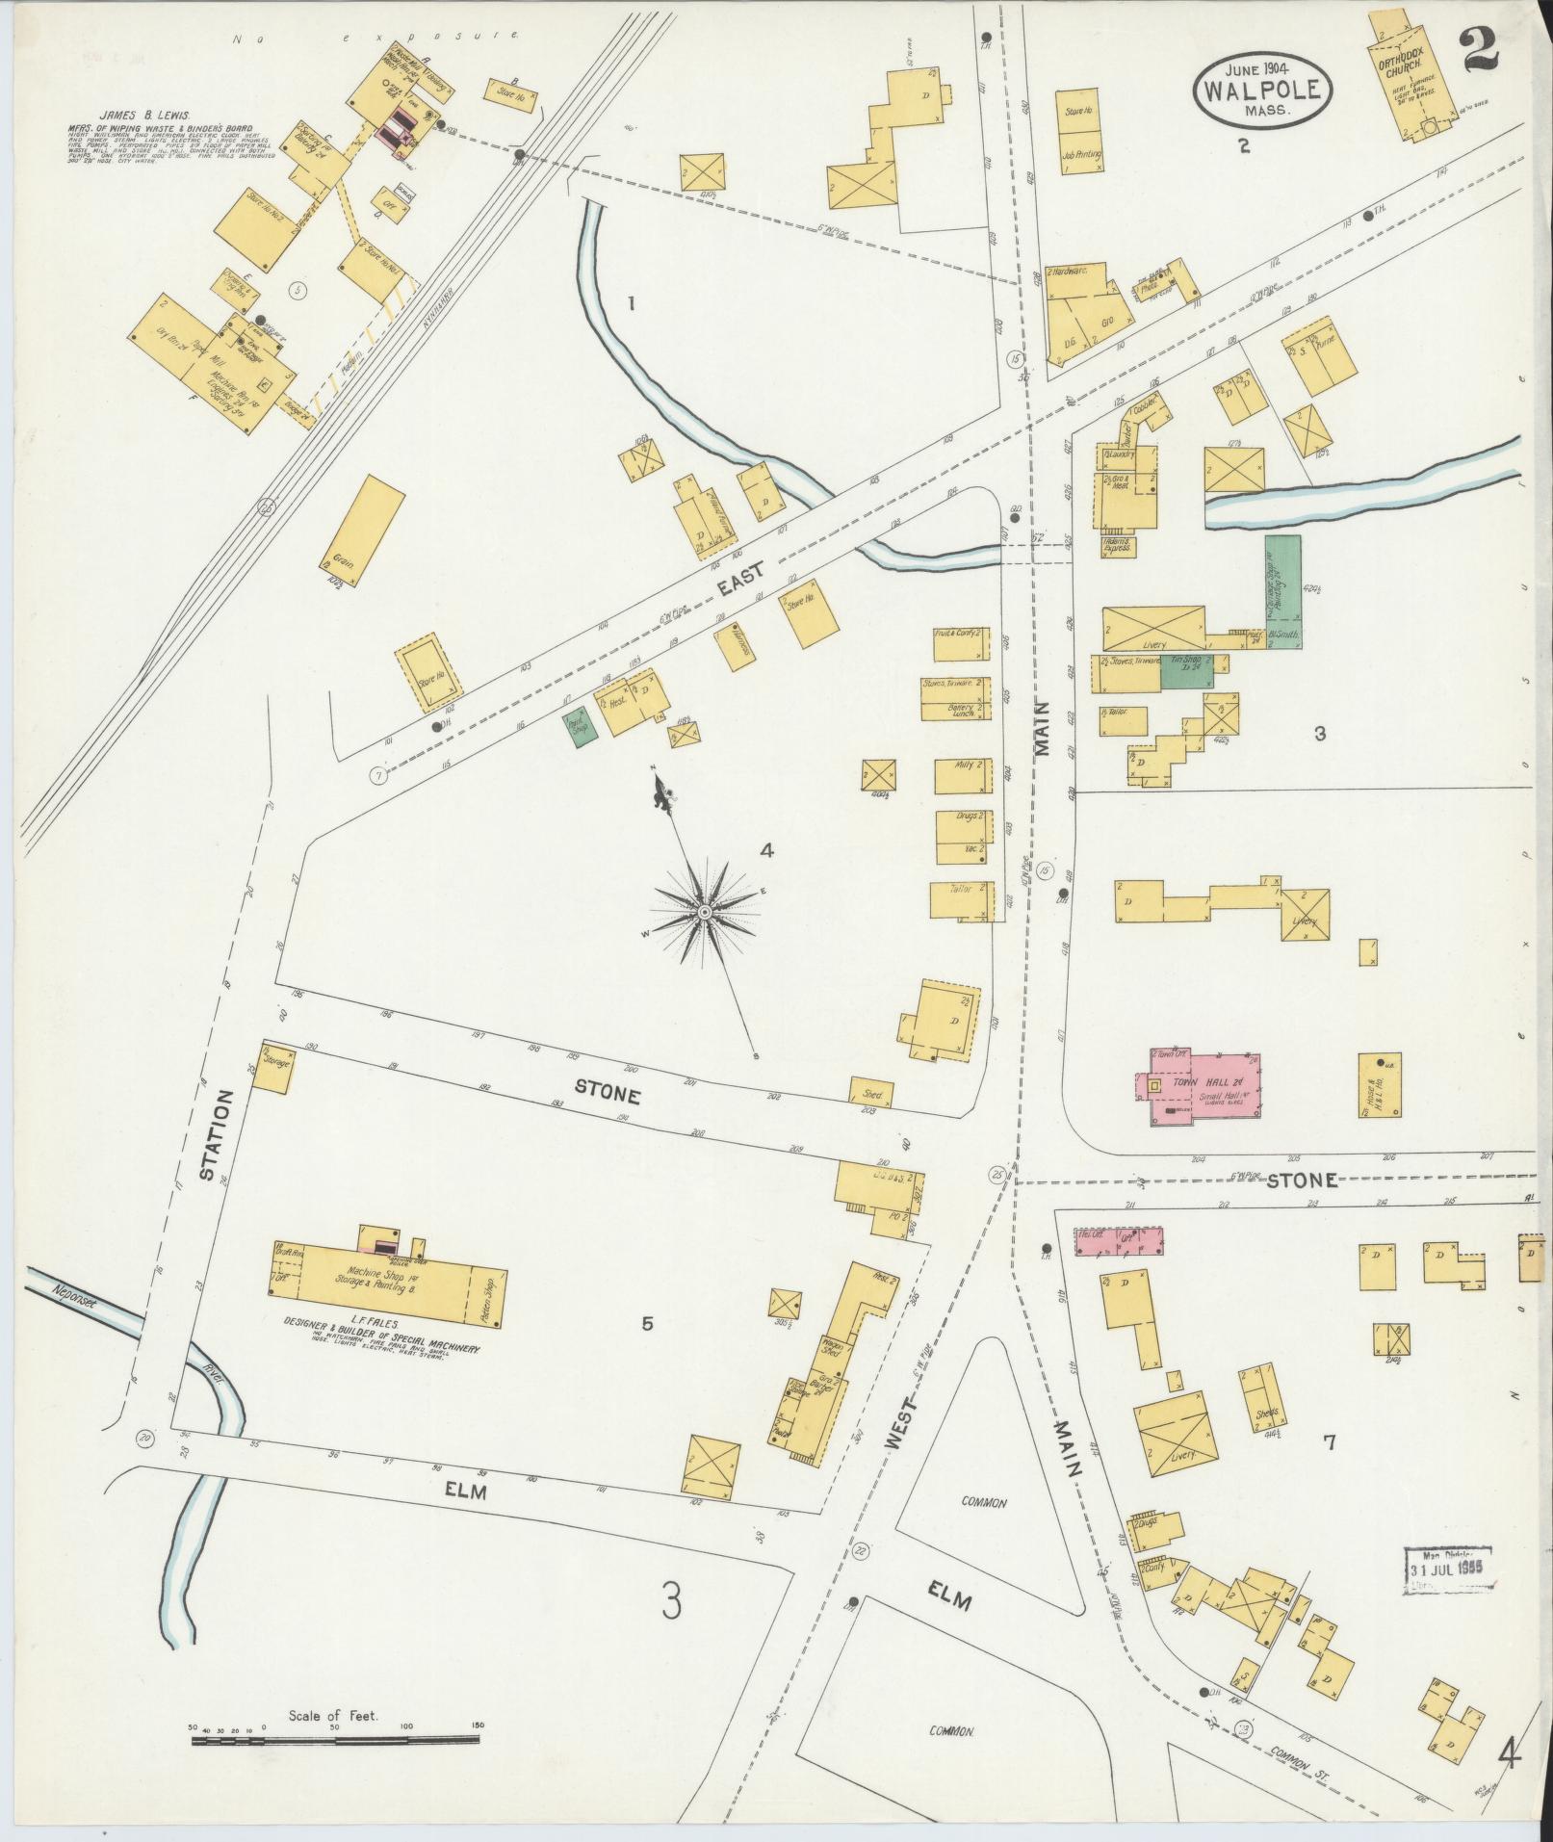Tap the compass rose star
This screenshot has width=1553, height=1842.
(705, 910)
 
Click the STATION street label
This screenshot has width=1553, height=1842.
(219, 1135)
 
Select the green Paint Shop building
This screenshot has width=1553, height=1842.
(582, 726)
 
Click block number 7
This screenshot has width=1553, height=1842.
(1329, 1442)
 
